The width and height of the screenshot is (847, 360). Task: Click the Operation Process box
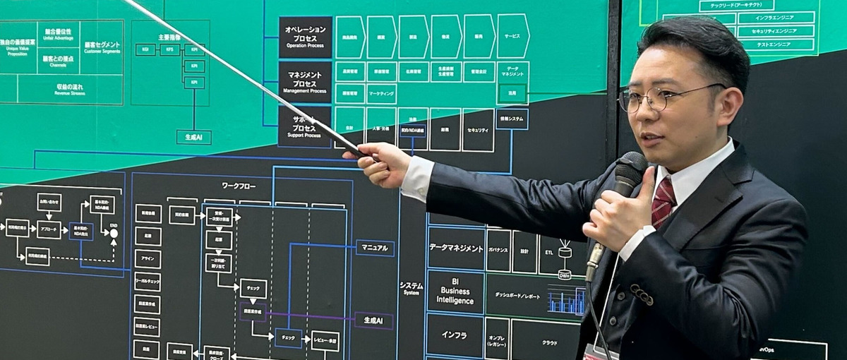305,37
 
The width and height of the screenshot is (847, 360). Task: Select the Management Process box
305,81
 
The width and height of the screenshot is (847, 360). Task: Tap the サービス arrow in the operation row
512,36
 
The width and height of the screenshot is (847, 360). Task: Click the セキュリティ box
478,130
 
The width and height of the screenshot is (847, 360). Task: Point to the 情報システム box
512,119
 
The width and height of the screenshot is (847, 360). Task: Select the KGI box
145,49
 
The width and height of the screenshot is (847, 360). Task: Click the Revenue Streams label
69,90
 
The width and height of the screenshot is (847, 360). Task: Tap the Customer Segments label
102,47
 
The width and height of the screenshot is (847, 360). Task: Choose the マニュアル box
374,248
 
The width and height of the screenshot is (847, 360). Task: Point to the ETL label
550,251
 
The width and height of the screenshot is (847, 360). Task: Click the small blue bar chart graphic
567,301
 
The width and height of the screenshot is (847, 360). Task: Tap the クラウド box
548,342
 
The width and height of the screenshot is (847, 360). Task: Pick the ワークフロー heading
239,186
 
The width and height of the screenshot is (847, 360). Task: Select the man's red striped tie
663,201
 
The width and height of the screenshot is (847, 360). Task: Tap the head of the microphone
630,169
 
